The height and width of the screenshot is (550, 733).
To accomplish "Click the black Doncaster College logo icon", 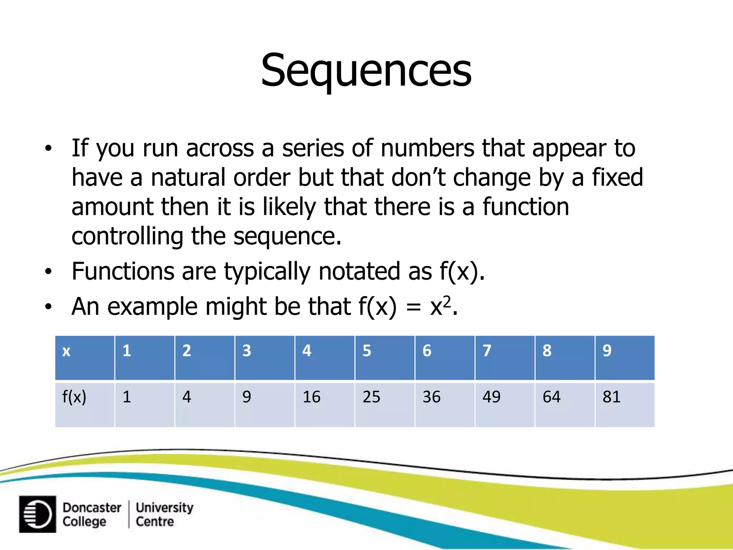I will [38, 514].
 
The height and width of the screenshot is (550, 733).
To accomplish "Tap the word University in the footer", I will [164, 507].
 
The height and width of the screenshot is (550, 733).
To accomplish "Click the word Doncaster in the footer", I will [92, 507].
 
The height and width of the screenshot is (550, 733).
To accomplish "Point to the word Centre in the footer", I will [155, 521].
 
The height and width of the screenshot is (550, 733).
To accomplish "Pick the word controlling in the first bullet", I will [127, 236].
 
